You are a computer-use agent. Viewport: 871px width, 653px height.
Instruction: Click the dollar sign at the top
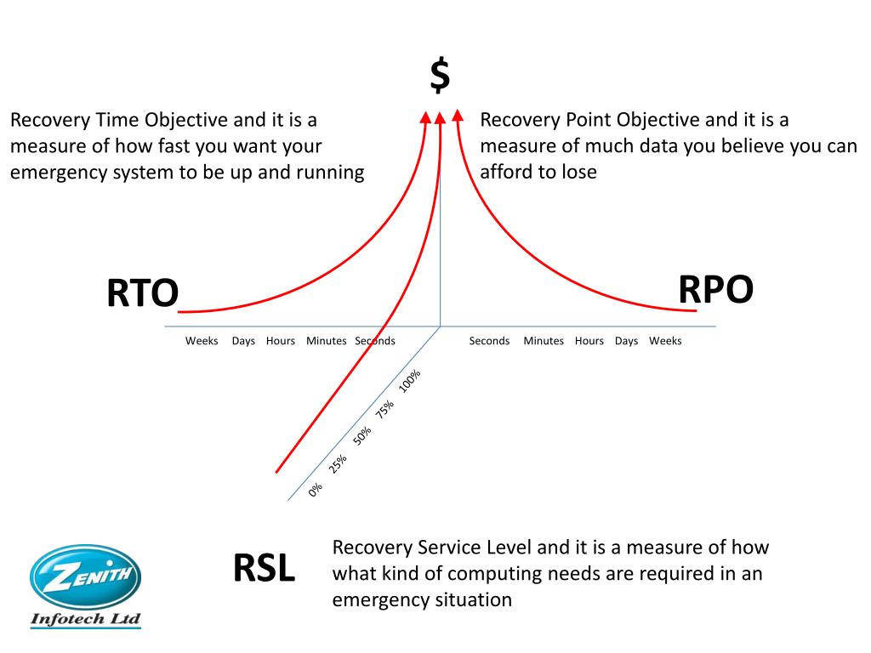pos(440,77)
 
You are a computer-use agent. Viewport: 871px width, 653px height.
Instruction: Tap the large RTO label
pos(142,294)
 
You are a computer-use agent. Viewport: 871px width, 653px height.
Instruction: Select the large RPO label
pos(715,290)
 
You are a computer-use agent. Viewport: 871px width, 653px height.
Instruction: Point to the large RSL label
pos(264,569)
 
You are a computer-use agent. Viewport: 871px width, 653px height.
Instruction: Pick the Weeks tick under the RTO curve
pos(202,341)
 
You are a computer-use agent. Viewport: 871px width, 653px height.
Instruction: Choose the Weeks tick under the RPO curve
pos(665,341)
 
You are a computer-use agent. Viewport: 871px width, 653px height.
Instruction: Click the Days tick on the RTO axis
pos(243,341)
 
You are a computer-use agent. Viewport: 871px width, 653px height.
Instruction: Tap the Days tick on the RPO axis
pos(626,341)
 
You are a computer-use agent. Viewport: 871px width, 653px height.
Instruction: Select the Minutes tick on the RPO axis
pos(544,341)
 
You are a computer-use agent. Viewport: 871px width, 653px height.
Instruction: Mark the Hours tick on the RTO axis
pos(281,341)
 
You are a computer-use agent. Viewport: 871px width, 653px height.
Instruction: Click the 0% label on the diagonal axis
pos(316,490)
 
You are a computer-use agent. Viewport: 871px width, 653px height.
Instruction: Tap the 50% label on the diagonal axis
pos(362,436)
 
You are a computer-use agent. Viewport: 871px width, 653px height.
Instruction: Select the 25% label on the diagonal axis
pos(339,463)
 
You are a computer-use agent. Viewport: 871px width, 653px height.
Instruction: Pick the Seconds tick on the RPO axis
pos(489,341)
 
